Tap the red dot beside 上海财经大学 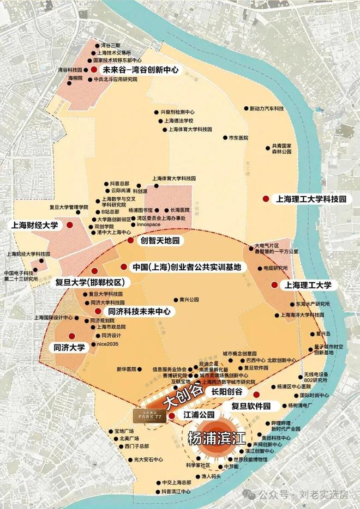click(x=70, y=225)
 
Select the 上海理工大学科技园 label click(x=311, y=199)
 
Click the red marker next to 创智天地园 click(x=130, y=240)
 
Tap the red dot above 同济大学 click(x=70, y=337)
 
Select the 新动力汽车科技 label click(x=267, y=109)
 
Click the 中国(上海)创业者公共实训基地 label click(x=189, y=268)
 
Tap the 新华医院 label click(x=124, y=369)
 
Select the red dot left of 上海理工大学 click(x=274, y=285)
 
